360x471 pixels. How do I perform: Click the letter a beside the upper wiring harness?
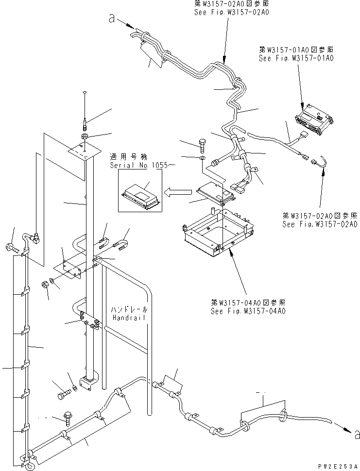tap(112, 20)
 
